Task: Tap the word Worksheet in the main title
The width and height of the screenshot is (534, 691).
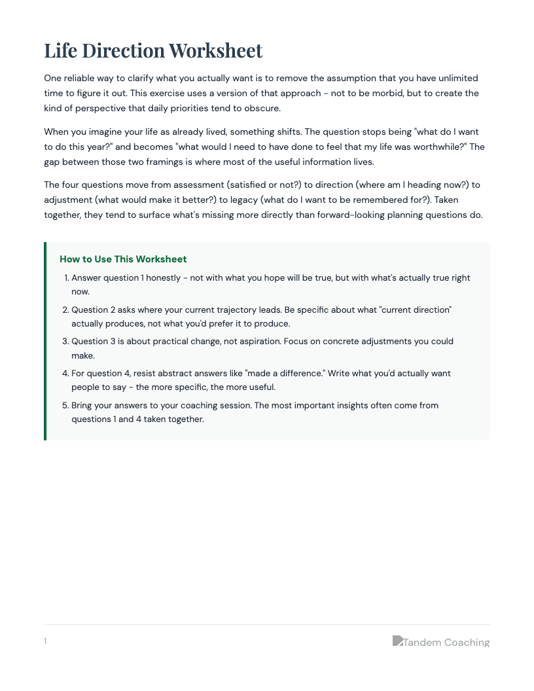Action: click(215, 50)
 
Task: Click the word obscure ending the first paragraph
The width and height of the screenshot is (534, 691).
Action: click(262, 108)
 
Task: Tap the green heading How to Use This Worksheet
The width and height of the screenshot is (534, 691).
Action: click(123, 259)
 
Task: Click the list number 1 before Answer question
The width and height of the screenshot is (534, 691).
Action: click(67, 278)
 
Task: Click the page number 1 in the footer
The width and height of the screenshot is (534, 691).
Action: click(45, 641)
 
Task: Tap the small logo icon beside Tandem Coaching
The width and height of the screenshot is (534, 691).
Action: click(397, 641)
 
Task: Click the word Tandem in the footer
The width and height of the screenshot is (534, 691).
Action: click(422, 643)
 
